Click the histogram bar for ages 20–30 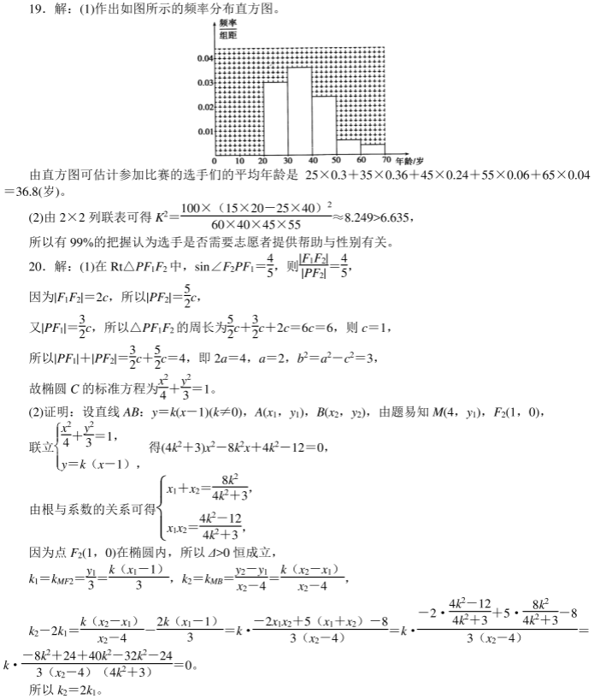pyautogui.click(x=275, y=118)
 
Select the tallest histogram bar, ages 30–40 pyautogui.click(x=300, y=111)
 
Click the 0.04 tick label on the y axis pyautogui.click(x=204, y=58)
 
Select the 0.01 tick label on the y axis pyautogui.click(x=204, y=131)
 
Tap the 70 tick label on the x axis pyautogui.click(x=386, y=161)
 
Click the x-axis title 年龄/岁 pyautogui.click(x=411, y=160)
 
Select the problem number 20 pyautogui.click(x=36, y=267)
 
